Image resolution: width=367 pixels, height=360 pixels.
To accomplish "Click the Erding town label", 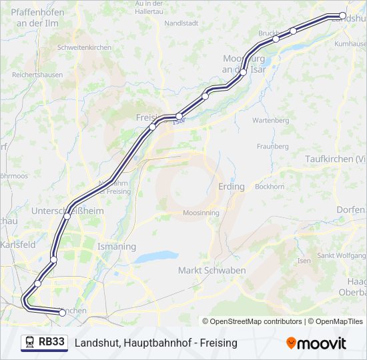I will pos(232,187).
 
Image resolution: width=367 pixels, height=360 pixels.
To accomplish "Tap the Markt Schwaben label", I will pos(212,271).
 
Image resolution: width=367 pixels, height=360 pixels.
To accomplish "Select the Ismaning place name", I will pos(116,247).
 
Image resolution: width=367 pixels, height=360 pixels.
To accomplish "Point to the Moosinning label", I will pos(201,213).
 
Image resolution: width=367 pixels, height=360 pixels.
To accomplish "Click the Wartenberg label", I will pos(270,121).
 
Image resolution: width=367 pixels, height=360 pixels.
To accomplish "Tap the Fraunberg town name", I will pos(272,146).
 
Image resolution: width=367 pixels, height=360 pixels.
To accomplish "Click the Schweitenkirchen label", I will pos(84,48).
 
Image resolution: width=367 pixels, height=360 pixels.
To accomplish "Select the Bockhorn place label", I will pos(270,187).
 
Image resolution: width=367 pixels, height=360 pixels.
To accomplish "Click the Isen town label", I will pos(304,261).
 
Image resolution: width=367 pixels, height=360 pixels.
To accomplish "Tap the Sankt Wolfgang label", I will pos(340,256).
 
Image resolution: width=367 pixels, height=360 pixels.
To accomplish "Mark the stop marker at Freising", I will pos(153,127).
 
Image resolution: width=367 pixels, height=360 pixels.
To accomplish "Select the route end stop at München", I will pos(63,312).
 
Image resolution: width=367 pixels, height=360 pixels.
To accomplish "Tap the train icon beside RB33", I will pos(30,343).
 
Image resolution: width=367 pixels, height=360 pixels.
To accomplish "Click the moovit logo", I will pos(316,343).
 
